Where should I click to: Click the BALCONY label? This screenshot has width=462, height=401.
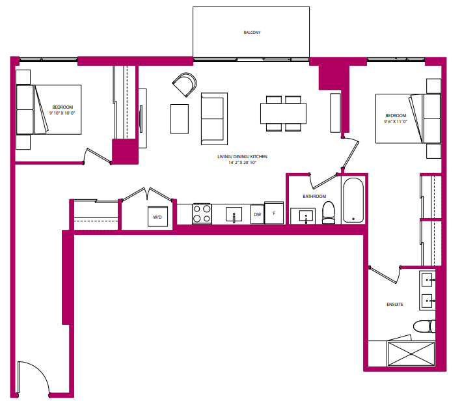pos(252,32)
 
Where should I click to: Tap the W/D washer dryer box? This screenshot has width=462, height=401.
pos(157,217)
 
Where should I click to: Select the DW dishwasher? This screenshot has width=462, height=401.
pos(257,214)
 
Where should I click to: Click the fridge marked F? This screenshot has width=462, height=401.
pos(274,213)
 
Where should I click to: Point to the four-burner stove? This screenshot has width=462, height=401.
pos(202,214)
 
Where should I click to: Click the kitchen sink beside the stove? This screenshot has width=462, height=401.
pos(233,214)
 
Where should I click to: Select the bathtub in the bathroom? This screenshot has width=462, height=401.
pos(353,200)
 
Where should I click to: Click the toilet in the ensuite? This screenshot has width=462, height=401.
pos(424,326)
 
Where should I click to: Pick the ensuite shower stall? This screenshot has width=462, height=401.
pos(411,354)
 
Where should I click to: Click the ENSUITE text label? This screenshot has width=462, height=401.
pos(395,304)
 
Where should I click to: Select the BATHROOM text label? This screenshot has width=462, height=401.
pos(314,196)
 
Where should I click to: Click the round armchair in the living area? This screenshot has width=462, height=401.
pos(184,85)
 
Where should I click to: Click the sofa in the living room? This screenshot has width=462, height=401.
pos(213,118)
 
